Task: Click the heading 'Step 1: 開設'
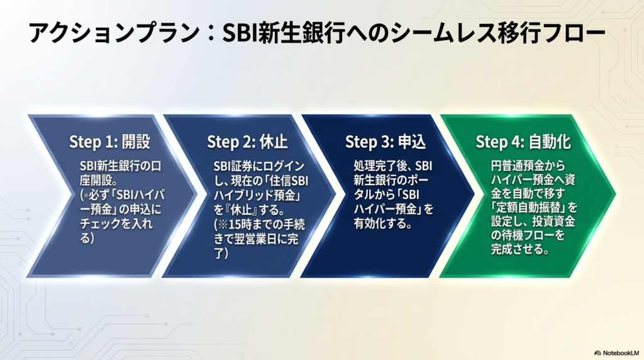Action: [x=109, y=142]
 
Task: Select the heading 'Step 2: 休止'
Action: [x=247, y=142]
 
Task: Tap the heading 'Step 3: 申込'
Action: [x=386, y=142]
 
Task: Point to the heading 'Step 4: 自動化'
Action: [x=523, y=142]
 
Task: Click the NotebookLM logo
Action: [x=617, y=353]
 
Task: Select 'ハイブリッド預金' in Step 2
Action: [x=255, y=196]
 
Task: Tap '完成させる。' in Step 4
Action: [x=520, y=249]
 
